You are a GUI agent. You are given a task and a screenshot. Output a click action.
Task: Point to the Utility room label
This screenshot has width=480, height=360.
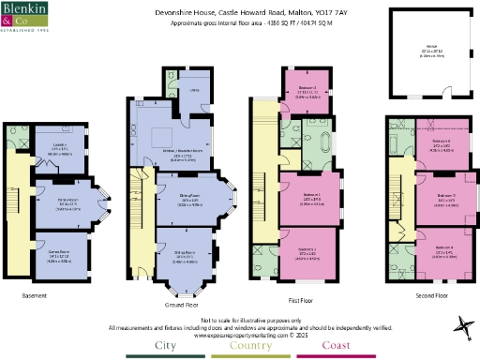click(x=192, y=91)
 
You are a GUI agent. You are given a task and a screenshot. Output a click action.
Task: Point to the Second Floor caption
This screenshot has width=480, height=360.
click(x=430, y=295)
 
